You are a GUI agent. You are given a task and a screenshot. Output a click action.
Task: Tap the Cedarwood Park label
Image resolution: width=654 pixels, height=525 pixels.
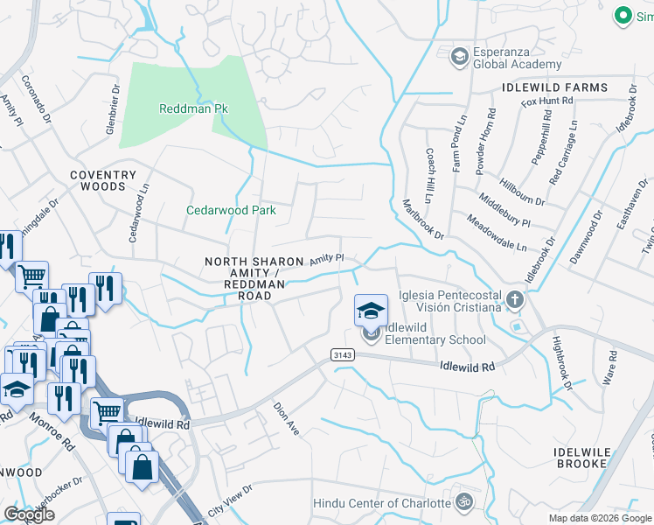pyautogui.click(x=231, y=210)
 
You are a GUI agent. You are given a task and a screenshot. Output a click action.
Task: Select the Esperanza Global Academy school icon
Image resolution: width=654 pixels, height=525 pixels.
pyautogui.click(x=458, y=56)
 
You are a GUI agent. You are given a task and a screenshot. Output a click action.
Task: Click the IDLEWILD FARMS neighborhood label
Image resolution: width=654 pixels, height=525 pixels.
pyautogui.click(x=554, y=87)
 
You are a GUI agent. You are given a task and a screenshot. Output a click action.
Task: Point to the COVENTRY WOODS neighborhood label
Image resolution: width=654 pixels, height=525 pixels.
pyautogui.click(x=104, y=181)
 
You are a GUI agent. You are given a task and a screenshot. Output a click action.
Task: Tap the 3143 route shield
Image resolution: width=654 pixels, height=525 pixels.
pyautogui.click(x=343, y=353)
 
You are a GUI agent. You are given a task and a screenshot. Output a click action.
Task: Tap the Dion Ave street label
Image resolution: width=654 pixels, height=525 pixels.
pyautogui.click(x=286, y=419)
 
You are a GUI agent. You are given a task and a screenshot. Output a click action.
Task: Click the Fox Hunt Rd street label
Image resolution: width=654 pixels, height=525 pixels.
pyautogui.click(x=546, y=101)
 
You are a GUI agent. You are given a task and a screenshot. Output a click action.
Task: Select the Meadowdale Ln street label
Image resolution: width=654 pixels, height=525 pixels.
pyautogui.click(x=495, y=234)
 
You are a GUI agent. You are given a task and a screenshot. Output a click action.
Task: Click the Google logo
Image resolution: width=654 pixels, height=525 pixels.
pyautogui.click(x=29, y=514)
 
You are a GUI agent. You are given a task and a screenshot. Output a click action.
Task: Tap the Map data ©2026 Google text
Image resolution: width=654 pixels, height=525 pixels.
pyautogui.click(x=599, y=518)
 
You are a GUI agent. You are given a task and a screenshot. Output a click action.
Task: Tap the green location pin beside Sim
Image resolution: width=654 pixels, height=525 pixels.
pyautogui.click(x=623, y=15)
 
